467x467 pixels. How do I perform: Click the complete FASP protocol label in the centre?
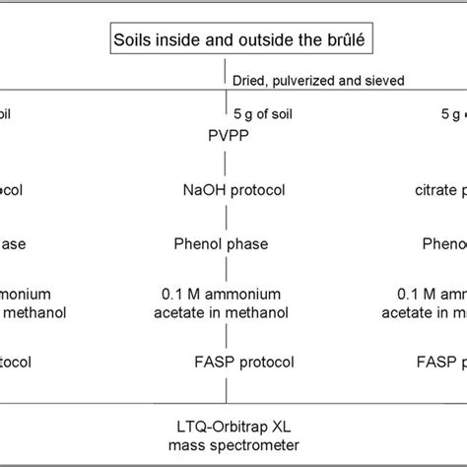(233, 362)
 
